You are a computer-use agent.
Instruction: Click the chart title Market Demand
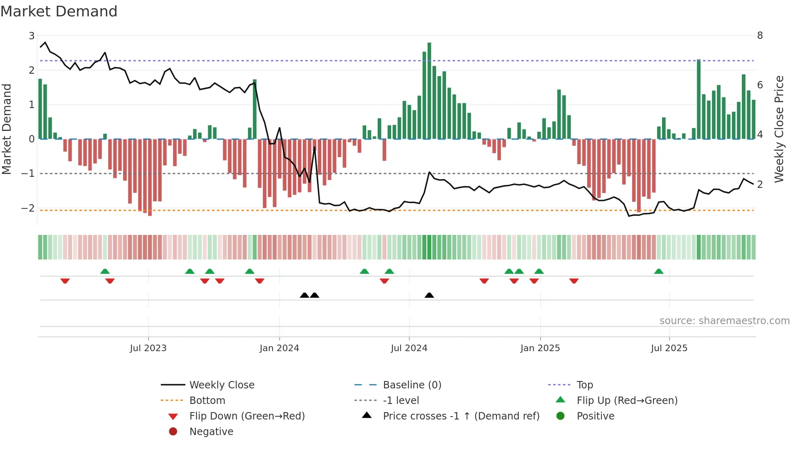point(59,11)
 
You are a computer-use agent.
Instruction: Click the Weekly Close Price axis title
point(779,129)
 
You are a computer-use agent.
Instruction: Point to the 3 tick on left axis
point(32,36)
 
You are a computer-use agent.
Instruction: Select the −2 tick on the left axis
point(28,208)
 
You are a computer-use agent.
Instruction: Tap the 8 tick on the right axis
point(760,36)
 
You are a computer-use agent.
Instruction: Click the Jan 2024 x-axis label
point(279,348)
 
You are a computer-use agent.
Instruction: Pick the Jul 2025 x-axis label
point(669,348)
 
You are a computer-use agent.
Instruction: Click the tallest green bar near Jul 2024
point(429,90)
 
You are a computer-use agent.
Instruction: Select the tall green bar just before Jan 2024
point(255,109)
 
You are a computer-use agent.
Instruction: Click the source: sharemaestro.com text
point(724,321)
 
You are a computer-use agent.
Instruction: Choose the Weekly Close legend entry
point(221,385)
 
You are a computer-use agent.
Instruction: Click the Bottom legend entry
point(207,401)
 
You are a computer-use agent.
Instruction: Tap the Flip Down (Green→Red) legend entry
point(247,416)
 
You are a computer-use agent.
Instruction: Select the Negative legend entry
point(211,432)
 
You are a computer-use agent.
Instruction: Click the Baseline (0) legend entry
point(412,385)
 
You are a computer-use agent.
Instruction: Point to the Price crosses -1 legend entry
point(461,416)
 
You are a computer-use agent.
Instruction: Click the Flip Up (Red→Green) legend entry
point(627,401)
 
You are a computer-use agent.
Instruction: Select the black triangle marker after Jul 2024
point(429,295)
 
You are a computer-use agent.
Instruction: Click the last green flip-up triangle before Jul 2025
point(658,271)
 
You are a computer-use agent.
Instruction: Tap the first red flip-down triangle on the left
point(65,281)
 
